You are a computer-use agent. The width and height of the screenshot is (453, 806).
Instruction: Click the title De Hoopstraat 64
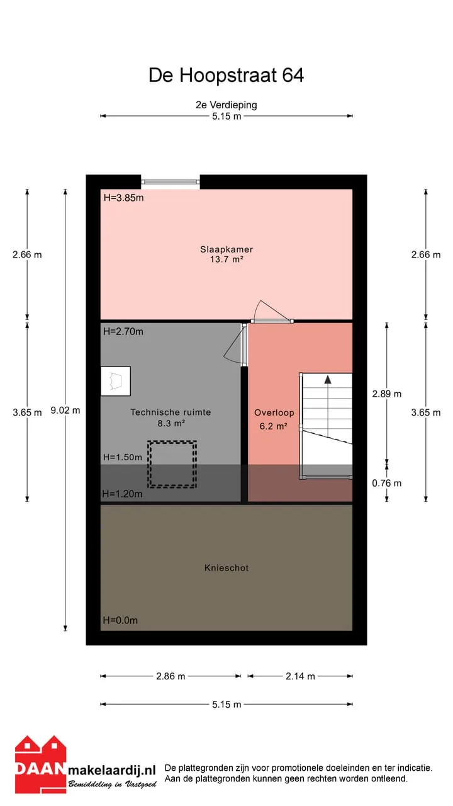pyautogui.click(x=226, y=75)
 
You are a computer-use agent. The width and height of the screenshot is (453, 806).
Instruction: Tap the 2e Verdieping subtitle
pyautogui.click(x=226, y=105)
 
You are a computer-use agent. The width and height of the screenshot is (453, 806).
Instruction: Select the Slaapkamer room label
pyautogui.click(x=226, y=249)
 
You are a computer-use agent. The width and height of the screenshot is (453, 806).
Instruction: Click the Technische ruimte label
pyautogui.click(x=171, y=412)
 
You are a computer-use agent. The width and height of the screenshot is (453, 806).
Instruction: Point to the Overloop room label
pyautogui.click(x=274, y=412)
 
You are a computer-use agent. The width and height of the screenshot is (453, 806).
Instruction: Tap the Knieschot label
pyautogui.click(x=226, y=568)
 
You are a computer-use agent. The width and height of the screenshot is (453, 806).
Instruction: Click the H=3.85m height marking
pyautogui.click(x=124, y=198)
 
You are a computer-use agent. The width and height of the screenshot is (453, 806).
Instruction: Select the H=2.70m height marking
pyautogui.click(x=123, y=331)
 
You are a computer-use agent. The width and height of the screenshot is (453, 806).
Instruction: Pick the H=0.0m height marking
pyautogui.click(x=120, y=620)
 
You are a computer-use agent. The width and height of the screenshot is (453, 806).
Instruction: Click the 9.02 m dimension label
pyautogui.click(x=65, y=410)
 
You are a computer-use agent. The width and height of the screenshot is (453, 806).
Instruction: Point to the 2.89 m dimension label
pyautogui.click(x=387, y=394)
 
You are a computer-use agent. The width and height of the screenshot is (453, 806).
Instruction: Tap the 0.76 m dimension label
pyautogui.click(x=387, y=483)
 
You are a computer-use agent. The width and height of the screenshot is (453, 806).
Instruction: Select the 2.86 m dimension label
pyautogui.click(x=171, y=676)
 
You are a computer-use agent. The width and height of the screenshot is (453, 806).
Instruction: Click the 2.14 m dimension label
pyautogui.click(x=301, y=676)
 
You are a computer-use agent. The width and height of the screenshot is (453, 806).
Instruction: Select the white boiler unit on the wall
pyautogui.click(x=115, y=381)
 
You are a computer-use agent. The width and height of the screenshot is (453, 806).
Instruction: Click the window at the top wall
pyautogui.click(x=171, y=182)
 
